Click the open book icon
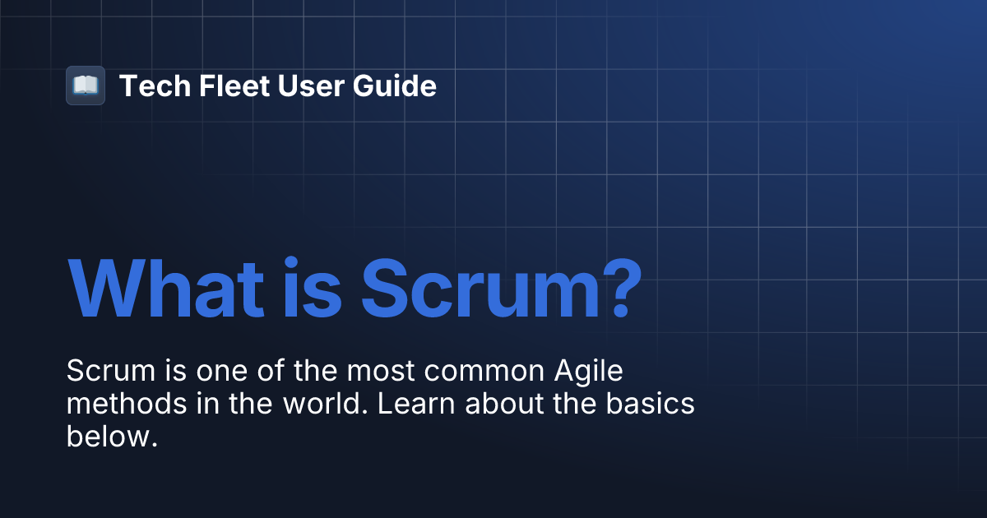(86, 86)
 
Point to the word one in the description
(224, 372)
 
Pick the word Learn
(402, 405)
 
